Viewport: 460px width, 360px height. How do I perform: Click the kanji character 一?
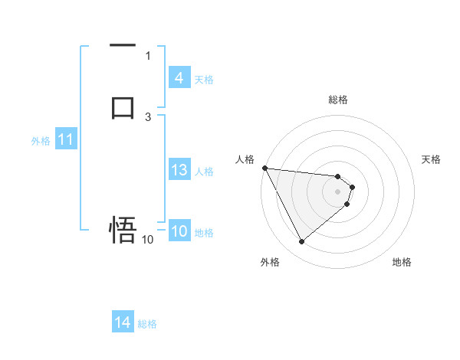(x=123, y=46)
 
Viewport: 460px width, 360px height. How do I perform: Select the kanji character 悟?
(x=123, y=229)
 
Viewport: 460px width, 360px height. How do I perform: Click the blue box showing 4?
(x=179, y=78)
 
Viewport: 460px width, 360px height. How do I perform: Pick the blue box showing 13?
(x=179, y=170)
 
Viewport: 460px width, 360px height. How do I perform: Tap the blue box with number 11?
(x=66, y=140)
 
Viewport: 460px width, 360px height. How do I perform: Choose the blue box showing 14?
(x=122, y=322)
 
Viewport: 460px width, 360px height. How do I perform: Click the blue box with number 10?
(x=179, y=232)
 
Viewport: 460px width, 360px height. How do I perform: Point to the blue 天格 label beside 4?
(x=204, y=80)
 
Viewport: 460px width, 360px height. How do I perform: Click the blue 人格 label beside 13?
(x=204, y=172)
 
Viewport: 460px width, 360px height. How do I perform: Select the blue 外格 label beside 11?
(x=40, y=141)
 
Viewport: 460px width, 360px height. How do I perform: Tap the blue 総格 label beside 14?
(x=147, y=324)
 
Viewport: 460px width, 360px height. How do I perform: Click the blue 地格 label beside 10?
(x=204, y=233)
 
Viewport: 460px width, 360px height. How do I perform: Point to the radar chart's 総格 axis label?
(x=338, y=100)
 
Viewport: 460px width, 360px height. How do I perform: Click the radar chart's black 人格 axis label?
(x=245, y=159)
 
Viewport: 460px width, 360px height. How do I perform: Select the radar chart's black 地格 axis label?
(x=402, y=263)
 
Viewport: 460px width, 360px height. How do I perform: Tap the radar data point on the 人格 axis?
(x=264, y=168)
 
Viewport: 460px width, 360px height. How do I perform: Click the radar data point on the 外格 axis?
(x=301, y=242)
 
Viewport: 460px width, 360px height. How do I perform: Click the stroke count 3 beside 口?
(x=148, y=116)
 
